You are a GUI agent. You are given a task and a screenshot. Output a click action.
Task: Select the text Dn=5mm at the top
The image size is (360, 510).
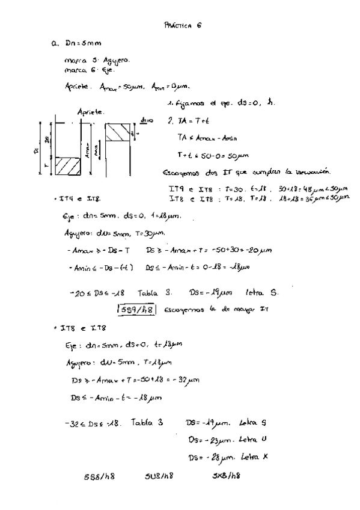(79, 44)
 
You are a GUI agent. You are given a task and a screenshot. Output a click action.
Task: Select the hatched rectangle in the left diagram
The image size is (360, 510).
(70, 165)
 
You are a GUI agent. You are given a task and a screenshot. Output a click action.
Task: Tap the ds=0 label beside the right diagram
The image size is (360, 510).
(147, 121)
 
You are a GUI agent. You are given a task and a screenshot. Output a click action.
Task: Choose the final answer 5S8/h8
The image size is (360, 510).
(99, 477)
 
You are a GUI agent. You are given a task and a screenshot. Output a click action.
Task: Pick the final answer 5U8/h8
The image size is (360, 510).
(159, 477)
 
